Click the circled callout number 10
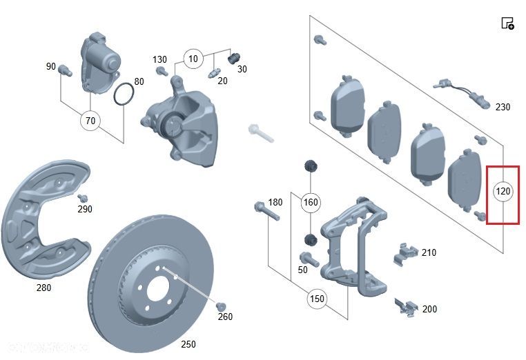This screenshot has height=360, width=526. click(193, 59)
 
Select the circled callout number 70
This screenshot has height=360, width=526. click(90, 121)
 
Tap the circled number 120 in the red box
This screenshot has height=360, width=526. click(503, 190)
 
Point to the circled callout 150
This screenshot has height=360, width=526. click(317, 299)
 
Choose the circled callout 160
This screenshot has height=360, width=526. click(311, 202)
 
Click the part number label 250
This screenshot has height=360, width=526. click(188, 344)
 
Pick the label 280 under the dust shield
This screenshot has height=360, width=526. click(43, 288)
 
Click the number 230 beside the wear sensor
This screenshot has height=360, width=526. click(503, 107)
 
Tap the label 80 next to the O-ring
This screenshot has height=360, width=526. click(139, 81)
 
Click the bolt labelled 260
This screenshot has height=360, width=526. click(221, 306)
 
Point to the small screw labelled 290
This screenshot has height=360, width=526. click(78, 199)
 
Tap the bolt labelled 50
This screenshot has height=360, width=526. click(309, 260)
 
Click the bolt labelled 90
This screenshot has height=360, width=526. click(66, 70)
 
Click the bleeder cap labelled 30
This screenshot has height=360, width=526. click(233, 57)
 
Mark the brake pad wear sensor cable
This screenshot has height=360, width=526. click(462, 95)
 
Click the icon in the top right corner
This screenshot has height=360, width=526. click(507, 23)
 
